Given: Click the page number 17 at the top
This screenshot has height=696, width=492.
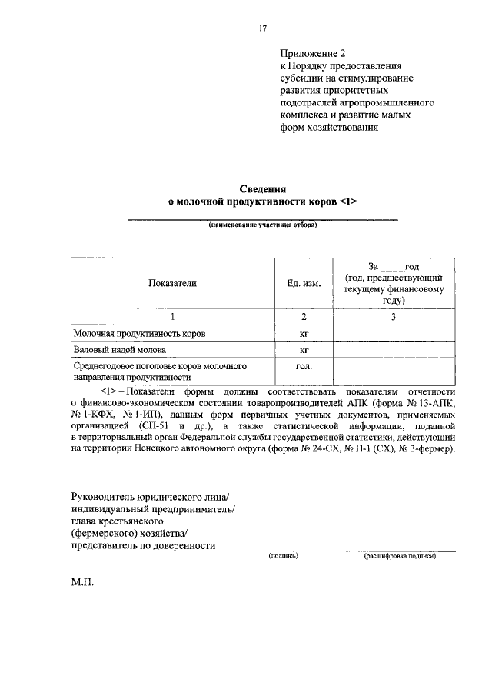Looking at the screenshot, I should pos(262,28).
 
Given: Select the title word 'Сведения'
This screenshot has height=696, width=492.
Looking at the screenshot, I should pos(262,188).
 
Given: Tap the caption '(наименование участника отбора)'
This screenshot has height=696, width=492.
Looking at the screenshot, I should pos(262,226).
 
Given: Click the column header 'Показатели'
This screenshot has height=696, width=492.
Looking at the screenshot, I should pos(173,282).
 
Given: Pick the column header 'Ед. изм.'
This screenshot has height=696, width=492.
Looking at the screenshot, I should pos(304,282).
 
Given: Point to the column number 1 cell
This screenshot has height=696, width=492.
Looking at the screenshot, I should pos(173,317).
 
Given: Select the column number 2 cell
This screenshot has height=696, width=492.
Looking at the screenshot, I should pos(304,317).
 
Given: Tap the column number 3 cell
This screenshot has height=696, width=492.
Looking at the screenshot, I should pos(394,317).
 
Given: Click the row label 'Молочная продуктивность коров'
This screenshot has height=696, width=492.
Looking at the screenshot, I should pos(139,334).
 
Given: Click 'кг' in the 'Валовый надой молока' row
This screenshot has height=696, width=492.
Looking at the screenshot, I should pos(304,350).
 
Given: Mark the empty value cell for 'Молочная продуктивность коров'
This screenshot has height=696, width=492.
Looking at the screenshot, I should pos(394,334).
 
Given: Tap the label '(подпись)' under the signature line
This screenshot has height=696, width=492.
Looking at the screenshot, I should pos(282,554).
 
